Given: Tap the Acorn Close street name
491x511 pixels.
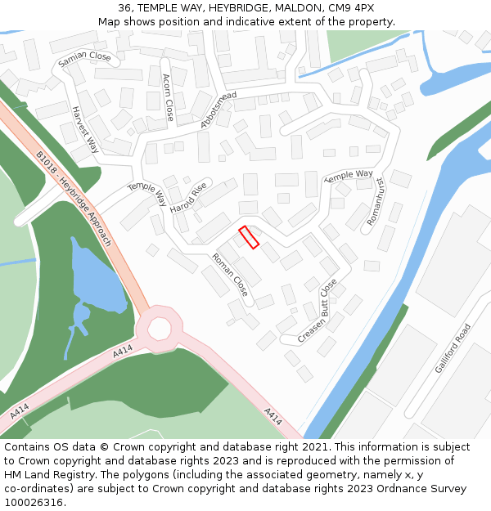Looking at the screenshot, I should tap(168, 97).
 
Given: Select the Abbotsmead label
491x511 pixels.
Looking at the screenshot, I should tap(218, 110).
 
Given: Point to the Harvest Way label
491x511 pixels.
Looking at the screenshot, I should tap(85, 129).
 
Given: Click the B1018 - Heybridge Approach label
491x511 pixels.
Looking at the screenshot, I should tap(74, 198).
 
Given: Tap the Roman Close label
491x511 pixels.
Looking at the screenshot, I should tap(230, 274).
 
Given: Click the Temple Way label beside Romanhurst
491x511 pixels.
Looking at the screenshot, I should tap(349, 175).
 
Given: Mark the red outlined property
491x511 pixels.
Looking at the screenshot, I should tap(249, 237).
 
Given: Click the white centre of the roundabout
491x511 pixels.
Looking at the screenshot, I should tap(160, 329).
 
